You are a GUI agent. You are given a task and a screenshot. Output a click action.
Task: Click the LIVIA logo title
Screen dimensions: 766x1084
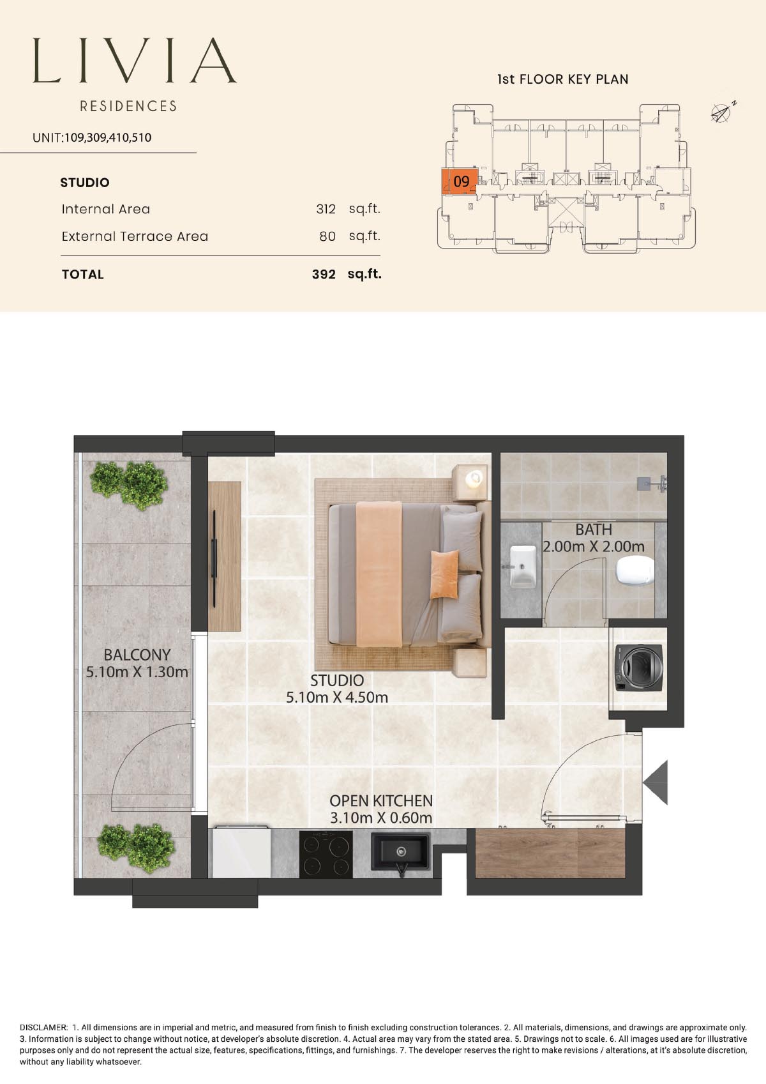click(135, 61)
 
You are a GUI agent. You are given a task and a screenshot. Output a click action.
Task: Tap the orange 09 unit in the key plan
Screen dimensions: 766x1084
click(460, 181)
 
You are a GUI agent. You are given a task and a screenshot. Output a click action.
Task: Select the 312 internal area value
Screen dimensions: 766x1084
click(326, 209)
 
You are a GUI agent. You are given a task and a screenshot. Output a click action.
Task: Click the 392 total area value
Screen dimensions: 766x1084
click(324, 275)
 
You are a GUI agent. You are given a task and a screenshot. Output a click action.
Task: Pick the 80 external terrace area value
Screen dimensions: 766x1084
click(327, 236)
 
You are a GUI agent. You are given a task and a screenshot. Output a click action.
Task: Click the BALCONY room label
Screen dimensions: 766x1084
click(137, 655)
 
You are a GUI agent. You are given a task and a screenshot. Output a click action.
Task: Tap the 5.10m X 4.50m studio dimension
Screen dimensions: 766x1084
click(337, 698)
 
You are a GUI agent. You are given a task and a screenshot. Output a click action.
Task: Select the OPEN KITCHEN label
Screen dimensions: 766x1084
click(381, 801)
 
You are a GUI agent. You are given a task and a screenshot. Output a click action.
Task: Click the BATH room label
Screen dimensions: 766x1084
click(594, 530)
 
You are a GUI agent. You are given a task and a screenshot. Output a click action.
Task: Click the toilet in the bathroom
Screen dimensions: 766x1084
click(635, 571)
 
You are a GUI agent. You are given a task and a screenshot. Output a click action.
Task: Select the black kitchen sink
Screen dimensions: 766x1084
click(400, 852)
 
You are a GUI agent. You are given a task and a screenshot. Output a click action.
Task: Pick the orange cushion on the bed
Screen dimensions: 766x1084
click(444, 574)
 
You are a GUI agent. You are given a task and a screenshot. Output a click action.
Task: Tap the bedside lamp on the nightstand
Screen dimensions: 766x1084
click(474, 478)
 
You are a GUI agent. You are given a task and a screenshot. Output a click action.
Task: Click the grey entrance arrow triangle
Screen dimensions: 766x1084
click(656, 782)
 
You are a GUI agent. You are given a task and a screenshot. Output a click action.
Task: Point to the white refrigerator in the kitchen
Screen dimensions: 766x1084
click(241, 852)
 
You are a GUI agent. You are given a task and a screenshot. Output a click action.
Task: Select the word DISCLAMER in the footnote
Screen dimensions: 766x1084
click(44, 1027)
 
